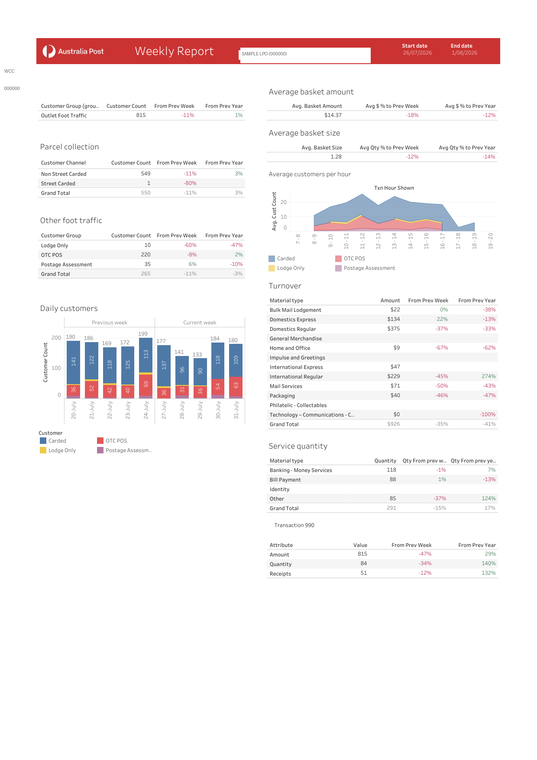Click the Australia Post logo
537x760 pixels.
tap(73, 51)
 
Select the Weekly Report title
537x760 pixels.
tap(174, 51)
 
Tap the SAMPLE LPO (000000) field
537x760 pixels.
tap(305, 55)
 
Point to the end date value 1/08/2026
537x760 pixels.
tap(464, 53)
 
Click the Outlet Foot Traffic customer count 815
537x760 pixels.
tap(141, 115)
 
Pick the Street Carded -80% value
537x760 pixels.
tap(190, 183)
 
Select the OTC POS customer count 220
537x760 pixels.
tap(146, 255)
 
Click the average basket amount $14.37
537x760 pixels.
tap(333, 115)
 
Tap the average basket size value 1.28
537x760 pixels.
tap(336, 157)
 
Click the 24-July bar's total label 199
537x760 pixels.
tap(143, 334)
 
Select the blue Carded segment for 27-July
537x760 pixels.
tap(164, 365)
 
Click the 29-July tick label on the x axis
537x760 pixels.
tap(200, 410)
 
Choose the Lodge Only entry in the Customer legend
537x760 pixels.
tap(58, 450)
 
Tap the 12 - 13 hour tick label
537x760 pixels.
tap(378, 241)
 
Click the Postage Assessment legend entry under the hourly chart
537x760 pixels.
tap(365, 268)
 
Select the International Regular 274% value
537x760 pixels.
tap(488, 376)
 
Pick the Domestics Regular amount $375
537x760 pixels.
tap(394, 329)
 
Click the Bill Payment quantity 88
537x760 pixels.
tap(393, 479)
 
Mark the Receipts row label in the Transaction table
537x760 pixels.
tap(280, 574)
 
